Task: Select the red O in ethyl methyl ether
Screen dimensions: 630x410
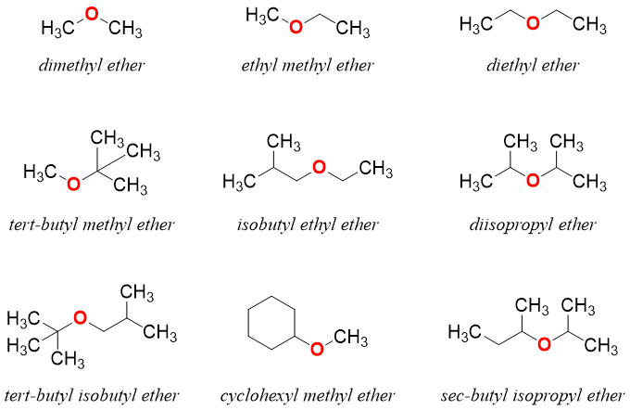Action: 296,26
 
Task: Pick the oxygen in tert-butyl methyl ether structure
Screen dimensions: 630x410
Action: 73,182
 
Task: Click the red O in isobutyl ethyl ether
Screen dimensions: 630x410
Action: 319,169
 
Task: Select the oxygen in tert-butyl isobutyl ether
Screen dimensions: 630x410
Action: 81,319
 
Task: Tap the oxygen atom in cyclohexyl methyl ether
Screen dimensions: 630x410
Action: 317,349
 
